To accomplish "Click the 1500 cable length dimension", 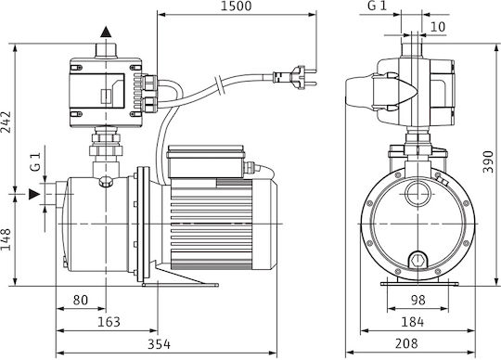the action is [x=237, y=6].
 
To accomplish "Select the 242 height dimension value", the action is [x=6, y=122].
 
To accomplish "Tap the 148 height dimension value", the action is [x=6, y=239].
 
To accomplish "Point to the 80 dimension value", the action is [x=80, y=300].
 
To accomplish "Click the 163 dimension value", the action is [x=109, y=322].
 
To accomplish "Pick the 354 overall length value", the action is [x=159, y=344].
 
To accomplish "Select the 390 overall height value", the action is [x=488, y=162].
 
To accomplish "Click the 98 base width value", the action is [x=418, y=300].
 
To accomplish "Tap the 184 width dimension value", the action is [x=413, y=322].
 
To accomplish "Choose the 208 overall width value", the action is [x=406, y=343].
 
